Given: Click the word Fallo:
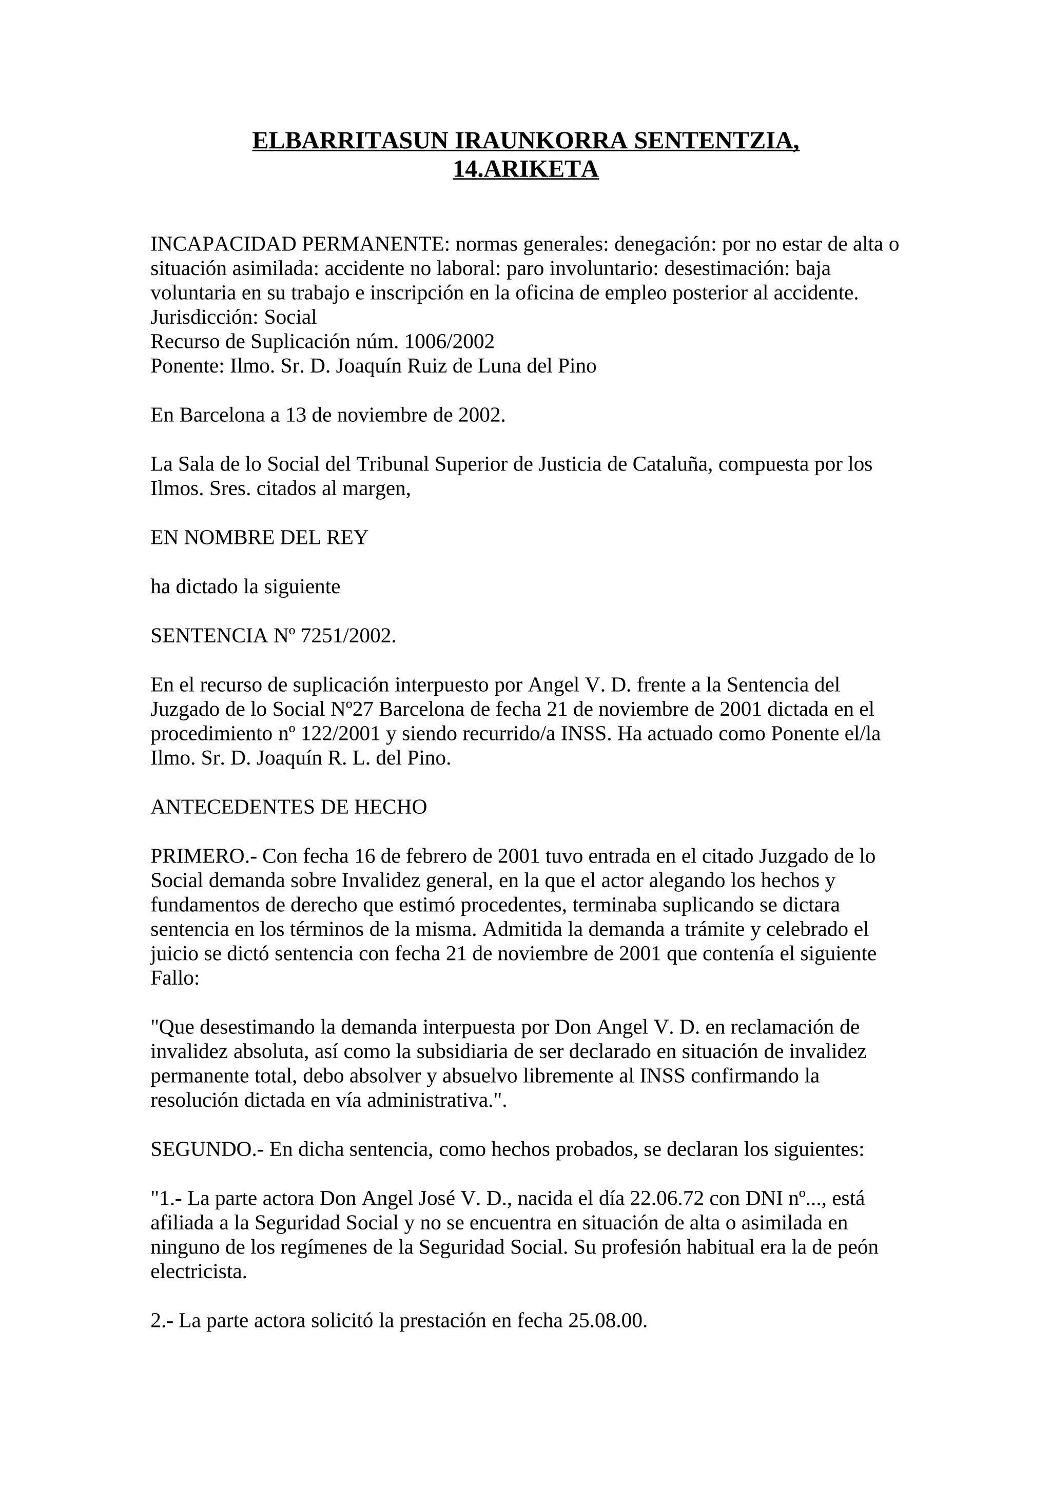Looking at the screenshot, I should click(175, 979).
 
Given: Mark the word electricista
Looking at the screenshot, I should click(199, 1272).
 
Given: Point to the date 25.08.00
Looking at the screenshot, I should click(608, 1321).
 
